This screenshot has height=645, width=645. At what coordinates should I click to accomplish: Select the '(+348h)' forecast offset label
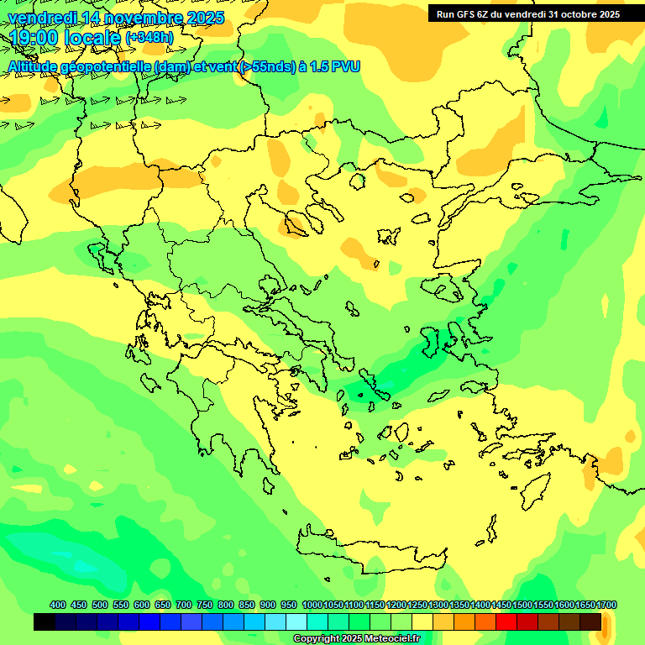tap(149, 38)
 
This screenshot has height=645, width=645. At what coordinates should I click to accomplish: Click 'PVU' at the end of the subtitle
tap(345, 66)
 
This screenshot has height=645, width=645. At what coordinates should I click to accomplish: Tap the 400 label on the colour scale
tap(58, 605)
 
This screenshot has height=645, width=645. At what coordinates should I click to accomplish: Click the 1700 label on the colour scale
tap(606, 605)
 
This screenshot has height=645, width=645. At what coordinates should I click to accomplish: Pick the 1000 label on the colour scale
tap(312, 605)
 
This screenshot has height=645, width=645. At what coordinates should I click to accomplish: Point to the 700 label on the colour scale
tap(184, 605)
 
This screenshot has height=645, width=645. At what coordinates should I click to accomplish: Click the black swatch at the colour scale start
tap(45, 622)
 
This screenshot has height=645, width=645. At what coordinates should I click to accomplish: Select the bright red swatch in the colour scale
tap(506, 622)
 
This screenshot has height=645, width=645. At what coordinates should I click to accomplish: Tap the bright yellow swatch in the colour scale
tap(422, 622)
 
